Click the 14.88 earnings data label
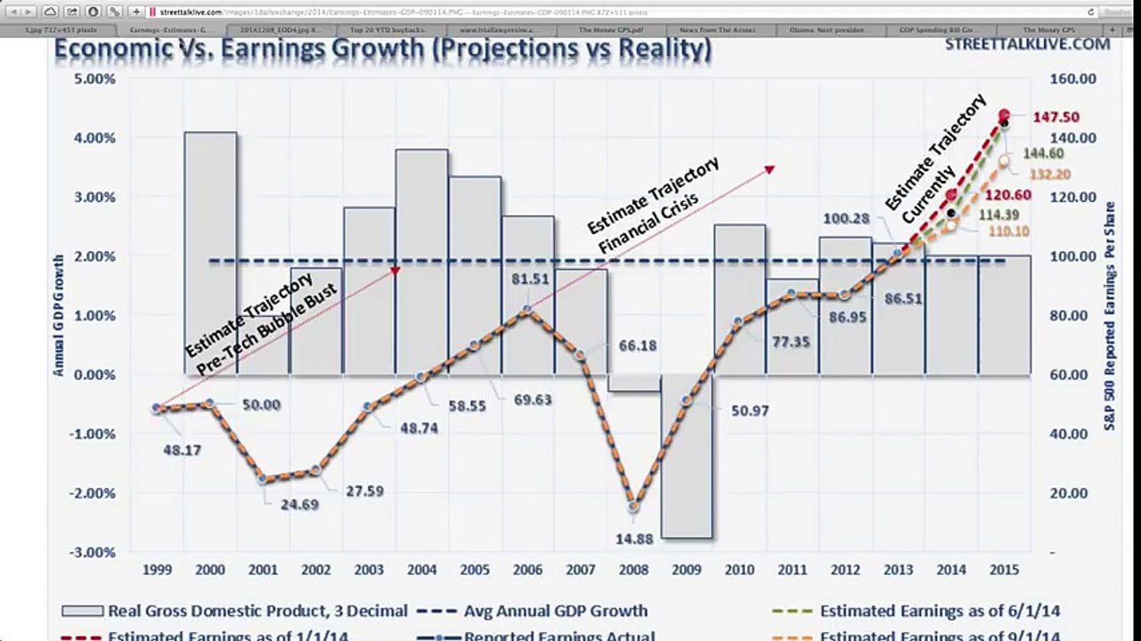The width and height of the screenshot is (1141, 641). pyautogui.click(x=634, y=538)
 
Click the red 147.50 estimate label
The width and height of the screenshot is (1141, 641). pyautogui.click(x=1055, y=117)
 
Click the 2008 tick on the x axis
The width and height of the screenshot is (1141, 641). pyautogui.click(x=634, y=570)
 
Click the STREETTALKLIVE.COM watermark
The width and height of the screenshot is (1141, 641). pyautogui.click(x=1027, y=44)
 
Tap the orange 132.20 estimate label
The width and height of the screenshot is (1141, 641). pyautogui.click(x=1049, y=174)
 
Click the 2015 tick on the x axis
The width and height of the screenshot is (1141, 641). pyautogui.click(x=1004, y=570)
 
